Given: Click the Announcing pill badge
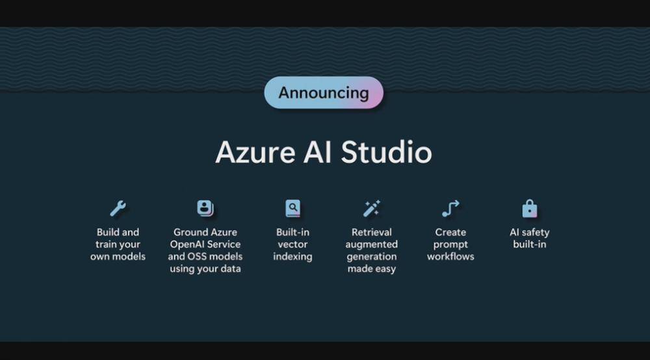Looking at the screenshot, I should (324, 92).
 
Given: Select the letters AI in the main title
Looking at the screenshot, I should (316, 153).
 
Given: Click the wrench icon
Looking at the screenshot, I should (118, 209).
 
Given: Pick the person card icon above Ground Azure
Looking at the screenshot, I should (205, 209).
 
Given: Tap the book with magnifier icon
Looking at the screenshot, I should (292, 209).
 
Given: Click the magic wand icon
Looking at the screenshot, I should (372, 209).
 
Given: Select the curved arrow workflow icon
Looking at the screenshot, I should (450, 209).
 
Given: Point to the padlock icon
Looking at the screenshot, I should (530, 209).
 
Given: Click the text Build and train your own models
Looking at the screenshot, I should (118, 244).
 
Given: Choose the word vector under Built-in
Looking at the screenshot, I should (292, 244).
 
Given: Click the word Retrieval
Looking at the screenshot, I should (372, 232).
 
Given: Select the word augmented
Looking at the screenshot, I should (372, 244).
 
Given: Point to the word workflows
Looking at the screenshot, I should (450, 257).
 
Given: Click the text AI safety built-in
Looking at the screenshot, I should (530, 238).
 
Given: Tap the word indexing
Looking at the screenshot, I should (292, 257).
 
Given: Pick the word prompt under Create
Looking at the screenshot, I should (450, 244).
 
